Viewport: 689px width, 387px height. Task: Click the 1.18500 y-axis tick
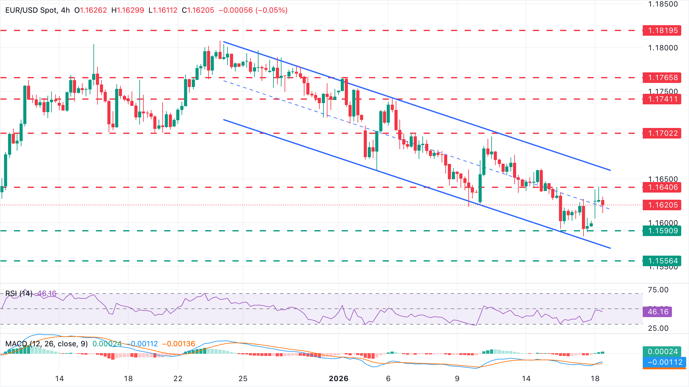point(663,4)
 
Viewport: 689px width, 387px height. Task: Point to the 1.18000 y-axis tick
point(663,48)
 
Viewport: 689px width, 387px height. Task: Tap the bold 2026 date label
point(339,379)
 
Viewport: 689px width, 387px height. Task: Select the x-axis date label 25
point(243,379)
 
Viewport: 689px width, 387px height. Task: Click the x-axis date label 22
point(178,379)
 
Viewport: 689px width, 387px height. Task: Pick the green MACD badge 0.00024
point(662,352)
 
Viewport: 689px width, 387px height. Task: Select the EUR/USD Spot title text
point(31,10)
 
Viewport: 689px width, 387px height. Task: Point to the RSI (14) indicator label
point(19,294)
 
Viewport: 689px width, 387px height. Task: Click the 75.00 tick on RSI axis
point(658,290)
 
